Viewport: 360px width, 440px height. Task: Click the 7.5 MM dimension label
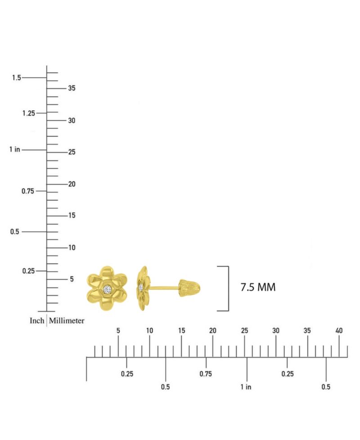[258, 287]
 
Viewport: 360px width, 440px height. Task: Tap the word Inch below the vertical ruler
[37, 320]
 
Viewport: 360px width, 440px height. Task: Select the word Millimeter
[67, 320]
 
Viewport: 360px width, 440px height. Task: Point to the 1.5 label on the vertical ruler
[16, 77]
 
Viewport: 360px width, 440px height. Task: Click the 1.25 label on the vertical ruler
[29, 113]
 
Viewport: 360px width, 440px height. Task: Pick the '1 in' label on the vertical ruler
[14, 149]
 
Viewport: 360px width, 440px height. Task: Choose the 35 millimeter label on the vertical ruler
[72, 88]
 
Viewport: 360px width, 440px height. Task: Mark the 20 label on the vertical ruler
[72, 184]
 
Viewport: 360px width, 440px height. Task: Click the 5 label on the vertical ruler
[72, 279]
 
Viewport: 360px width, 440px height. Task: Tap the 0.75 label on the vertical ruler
[28, 191]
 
